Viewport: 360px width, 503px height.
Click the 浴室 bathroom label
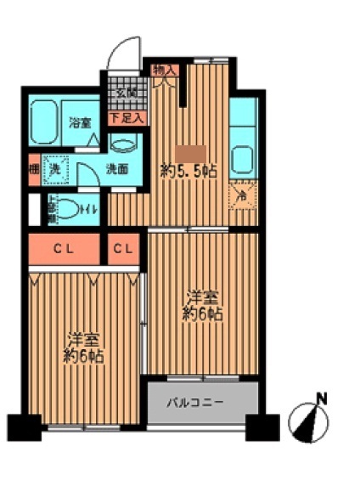[82, 122]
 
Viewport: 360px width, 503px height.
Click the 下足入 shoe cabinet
[127, 116]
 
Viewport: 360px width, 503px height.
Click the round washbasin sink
[126, 143]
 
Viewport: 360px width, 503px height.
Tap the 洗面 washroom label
[117, 168]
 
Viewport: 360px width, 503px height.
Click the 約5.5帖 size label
[188, 171]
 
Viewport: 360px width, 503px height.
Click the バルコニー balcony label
[200, 401]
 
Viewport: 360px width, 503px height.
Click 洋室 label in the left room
[85, 338]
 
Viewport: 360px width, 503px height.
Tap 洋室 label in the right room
[204, 297]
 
